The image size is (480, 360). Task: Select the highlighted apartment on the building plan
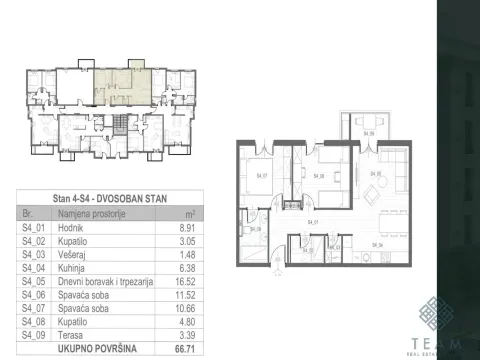124,88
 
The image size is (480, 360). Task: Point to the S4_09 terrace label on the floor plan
369,133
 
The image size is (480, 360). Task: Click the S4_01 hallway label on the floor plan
312,220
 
